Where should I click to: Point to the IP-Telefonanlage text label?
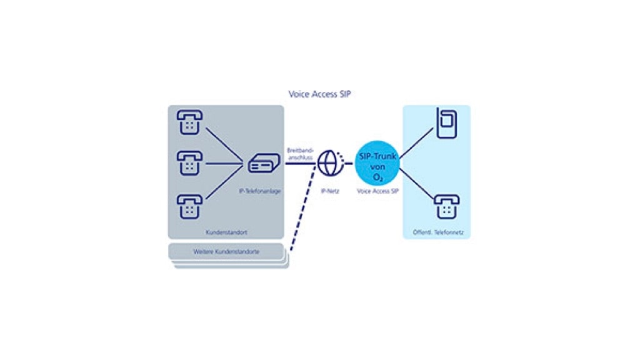259,191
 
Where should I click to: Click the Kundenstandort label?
226,232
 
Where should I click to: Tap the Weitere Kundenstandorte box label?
226,252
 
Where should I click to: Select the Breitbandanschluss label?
299,154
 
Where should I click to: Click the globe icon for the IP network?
330,163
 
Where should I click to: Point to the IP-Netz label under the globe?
330,191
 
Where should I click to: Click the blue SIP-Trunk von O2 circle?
377,164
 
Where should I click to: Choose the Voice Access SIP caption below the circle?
377,191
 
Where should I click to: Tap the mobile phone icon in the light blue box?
446,123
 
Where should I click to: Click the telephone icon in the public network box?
446,207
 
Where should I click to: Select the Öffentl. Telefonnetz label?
437,232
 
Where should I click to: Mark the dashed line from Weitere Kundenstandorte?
302,212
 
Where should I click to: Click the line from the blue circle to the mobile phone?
416,142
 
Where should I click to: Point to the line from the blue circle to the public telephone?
416,186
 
